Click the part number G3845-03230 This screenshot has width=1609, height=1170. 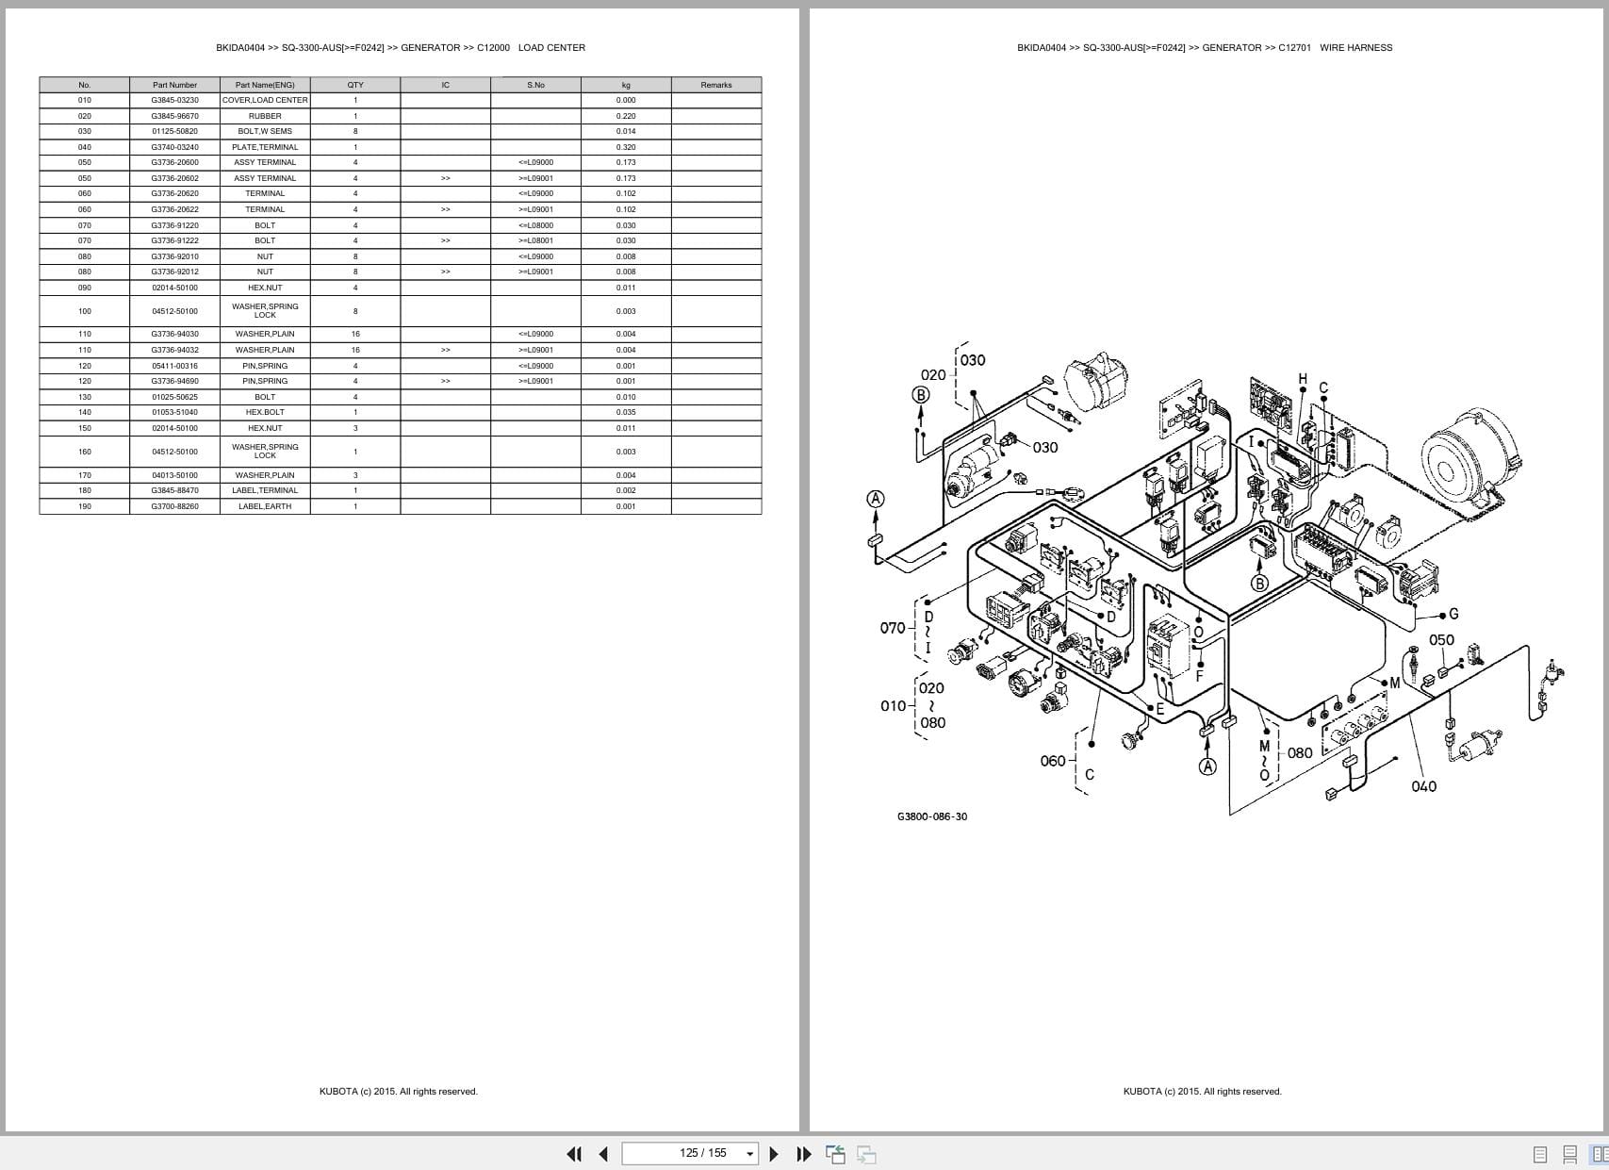pyautogui.click(x=174, y=100)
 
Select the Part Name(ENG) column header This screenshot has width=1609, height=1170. pyautogui.click(x=265, y=85)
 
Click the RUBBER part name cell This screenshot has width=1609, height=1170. pyautogui.click(x=265, y=116)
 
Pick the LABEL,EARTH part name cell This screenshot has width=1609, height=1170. pyautogui.click(x=265, y=506)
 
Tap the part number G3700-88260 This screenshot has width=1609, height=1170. pyautogui.click(x=174, y=506)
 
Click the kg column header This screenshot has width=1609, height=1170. pyautogui.click(x=626, y=85)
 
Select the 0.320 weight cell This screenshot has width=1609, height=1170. pyautogui.click(x=626, y=147)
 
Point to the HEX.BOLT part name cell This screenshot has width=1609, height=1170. pyautogui.click(x=265, y=412)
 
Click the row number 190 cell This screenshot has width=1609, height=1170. pyautogui.click(x=85, y=506)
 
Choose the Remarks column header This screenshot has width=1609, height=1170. pyautogui.click(x=716, y=85)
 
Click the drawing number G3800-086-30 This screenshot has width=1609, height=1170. pyautogui.click(x=931, y=816)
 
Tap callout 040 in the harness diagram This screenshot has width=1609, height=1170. pyautogui.click(x=1423, y=786)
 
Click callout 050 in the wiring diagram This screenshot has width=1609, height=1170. pyautogui.click(x=1441, y=639)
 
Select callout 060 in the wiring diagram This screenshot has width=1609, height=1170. pyautogui.click(x=1052, y=761)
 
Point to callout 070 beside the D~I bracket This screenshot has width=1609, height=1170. pyautogui.click(x=892, y=628)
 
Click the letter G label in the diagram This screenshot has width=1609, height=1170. pyautogui.click(x=1453, y=614)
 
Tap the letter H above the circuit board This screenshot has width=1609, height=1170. pyautogui.click(x=1303, y=379)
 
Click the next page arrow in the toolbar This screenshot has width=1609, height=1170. pyautogui.click(x=774, y=1153)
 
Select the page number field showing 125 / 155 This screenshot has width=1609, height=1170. pyautogui.click(x=702, y=1153)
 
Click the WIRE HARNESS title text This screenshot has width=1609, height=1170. pyautogui.click(x=1355, y=47)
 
